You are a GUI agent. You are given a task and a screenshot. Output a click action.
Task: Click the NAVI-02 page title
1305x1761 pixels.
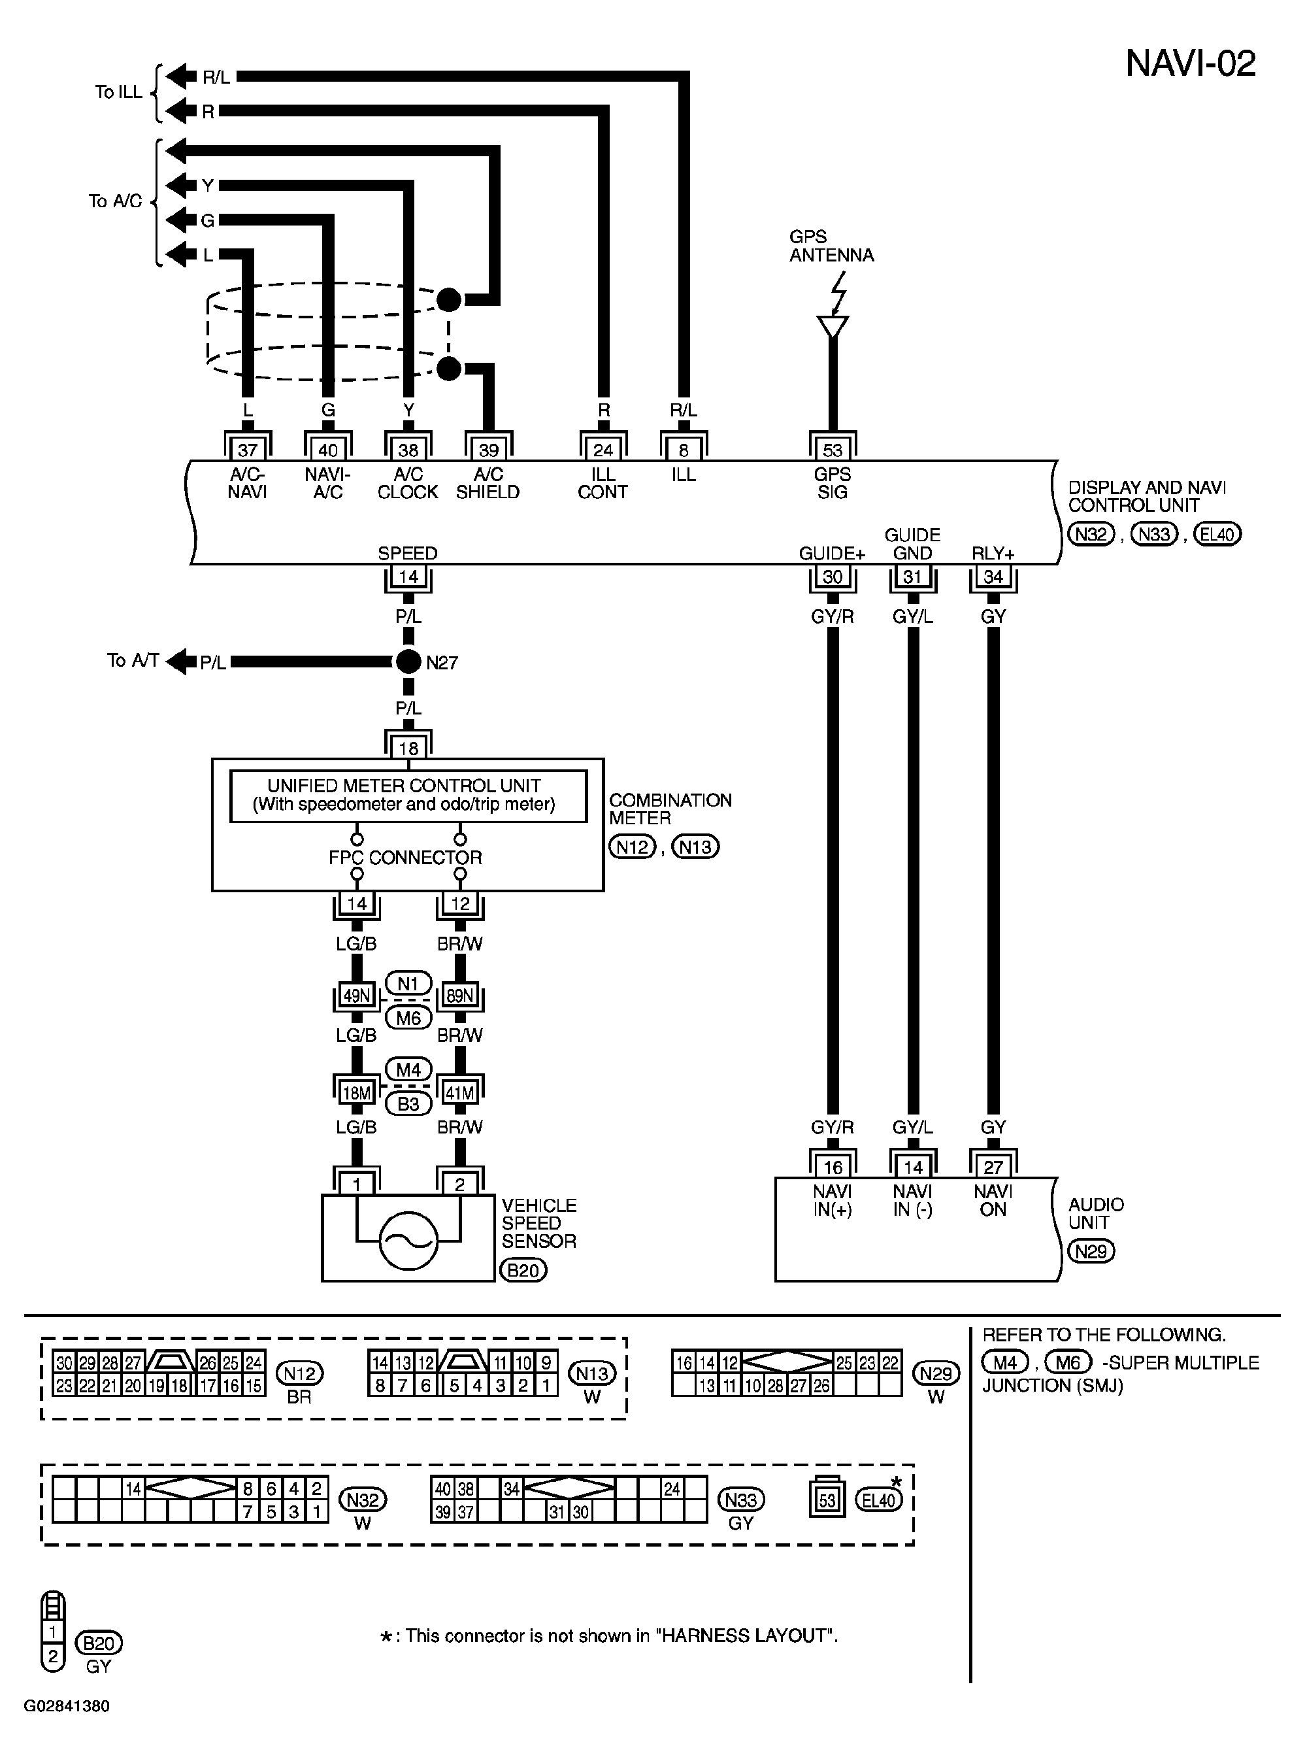pyautogui.click(x=1190, y=63)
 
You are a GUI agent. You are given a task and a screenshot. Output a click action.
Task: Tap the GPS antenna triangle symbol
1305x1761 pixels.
pyautogui.click(x=833, y=326)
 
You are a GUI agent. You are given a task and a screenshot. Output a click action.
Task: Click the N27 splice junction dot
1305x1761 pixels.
pyautogui.click(x=408, y=662)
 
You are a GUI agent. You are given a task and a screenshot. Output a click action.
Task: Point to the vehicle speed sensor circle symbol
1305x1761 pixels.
pyautogui.click(x=408, y=1241)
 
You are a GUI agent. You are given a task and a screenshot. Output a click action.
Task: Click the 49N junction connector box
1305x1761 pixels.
pyautogui.click(x=356, y=996)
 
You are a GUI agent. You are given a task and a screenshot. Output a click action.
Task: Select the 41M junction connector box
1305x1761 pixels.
pyautogui.click(x=460, y=1094)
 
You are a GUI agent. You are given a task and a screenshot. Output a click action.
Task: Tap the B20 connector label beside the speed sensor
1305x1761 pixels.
pyautogui.click(x=523, y=1270)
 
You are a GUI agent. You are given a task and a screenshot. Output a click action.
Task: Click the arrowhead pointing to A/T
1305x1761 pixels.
pyautogui.click(x=181, y=662)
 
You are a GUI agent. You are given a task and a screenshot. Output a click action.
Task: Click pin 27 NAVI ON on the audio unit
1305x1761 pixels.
pyautogui.click(x=993, y=1167)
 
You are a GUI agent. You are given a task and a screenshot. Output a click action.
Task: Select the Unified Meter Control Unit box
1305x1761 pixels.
pyautogui.click(x=408, y=796)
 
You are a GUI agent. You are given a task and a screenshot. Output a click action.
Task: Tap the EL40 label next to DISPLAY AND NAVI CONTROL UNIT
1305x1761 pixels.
pyautogui.click(x=1217, y=534)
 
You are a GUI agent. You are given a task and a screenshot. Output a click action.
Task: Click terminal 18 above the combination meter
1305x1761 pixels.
pyautogui.click(x=408, y=747)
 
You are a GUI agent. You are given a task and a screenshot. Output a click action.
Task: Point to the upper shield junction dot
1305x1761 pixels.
pyautogui.click(x=449, y=299)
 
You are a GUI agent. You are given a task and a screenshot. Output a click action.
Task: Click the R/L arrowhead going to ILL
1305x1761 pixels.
pyautogui.click(x=181, y=76)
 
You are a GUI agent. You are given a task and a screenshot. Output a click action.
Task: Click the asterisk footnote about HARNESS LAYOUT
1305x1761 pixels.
pyautogui.click(x=608, y=1635)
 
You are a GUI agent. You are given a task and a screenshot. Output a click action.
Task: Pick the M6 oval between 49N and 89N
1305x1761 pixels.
pyautogui.click(x=408, y=1018)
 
